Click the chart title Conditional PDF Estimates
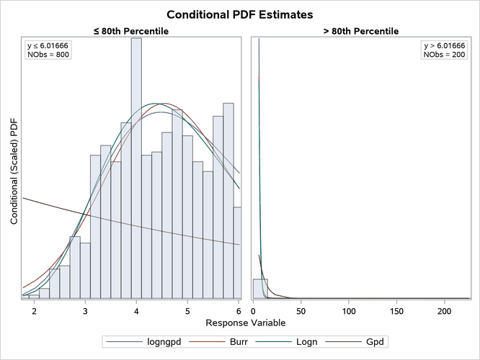[240, 14]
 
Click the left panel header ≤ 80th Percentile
[136, 31]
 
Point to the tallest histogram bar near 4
[136, 166]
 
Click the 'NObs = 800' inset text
[48, 55]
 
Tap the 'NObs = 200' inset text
[445, 55]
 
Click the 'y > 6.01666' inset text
[445, 46]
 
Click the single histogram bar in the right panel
[260, 288]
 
